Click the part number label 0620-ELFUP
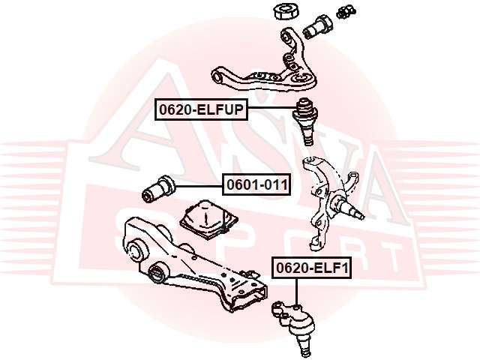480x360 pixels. [x=201, y=109]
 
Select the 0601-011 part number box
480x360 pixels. [x=256, y=185]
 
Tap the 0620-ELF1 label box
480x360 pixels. [x=312, y=268]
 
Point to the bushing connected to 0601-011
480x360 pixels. [x=159, y=188]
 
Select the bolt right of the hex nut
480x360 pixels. [x=318, y=27]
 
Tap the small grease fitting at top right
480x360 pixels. [x=346, y=13]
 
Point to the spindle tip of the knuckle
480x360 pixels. [x=362, y=216]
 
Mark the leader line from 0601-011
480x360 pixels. [x=199, y=186]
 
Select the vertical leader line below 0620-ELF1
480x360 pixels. [x=296, y=292]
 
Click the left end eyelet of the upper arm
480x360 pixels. [x=218, y=76]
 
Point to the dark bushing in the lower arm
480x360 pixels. [x=157, y=272]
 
